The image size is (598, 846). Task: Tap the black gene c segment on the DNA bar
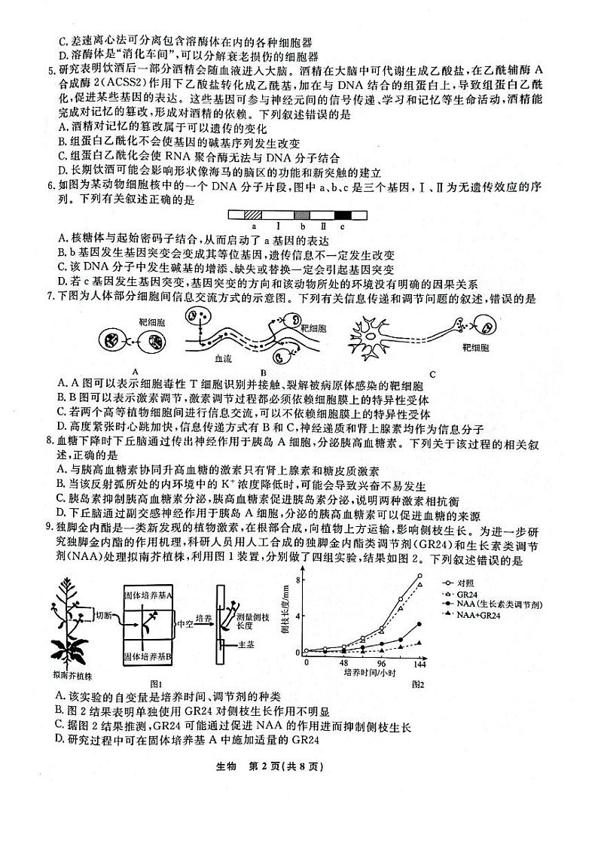coord(343,215)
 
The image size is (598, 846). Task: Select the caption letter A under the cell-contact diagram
coord(134,371)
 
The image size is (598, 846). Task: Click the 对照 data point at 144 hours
coord(419,576)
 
